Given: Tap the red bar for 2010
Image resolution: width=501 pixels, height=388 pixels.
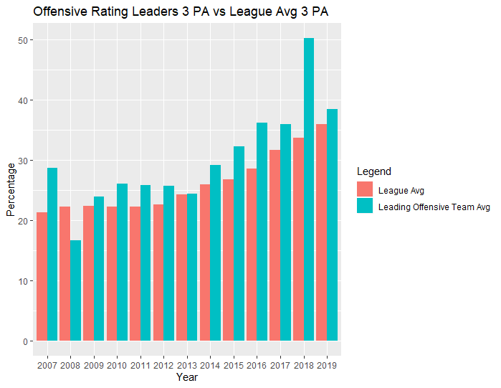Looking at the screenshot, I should (x=112, y=273).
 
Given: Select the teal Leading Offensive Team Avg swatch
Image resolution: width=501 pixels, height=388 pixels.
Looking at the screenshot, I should (x=364, y=207).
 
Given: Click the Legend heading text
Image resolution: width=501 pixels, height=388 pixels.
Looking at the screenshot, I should (x=373, y=171).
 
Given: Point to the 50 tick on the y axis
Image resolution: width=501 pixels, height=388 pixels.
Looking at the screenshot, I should (x=22, y=40).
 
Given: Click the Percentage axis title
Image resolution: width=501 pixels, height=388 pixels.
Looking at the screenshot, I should (x=11, y=189).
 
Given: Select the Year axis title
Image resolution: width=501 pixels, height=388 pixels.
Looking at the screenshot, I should (x=187, y=377).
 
